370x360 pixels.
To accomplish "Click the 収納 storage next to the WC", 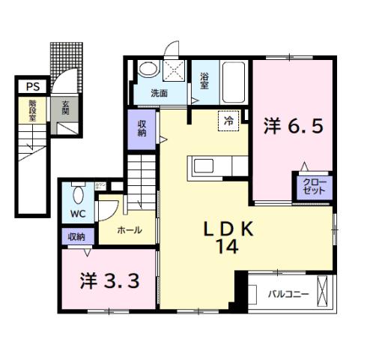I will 76,236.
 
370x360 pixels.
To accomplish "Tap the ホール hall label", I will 130,230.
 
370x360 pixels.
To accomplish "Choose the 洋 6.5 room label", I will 292,126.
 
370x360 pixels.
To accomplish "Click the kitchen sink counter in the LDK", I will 212,166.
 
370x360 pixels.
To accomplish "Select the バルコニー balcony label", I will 288,294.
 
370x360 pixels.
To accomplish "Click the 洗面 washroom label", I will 159,94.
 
